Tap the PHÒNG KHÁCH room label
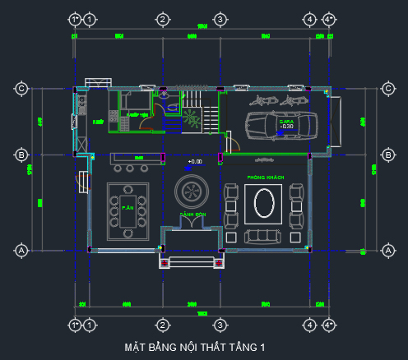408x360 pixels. [x=264, y=178]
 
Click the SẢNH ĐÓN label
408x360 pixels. [x=192, y=215]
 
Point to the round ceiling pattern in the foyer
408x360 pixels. [x=192, y=191]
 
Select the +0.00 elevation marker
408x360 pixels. [x=194, y=162]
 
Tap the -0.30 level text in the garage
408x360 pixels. [x=286, y=127]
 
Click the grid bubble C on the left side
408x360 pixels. [x=22, y=89]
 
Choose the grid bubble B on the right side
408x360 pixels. [x=388, y=154]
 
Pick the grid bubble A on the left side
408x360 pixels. [x=22, y=249]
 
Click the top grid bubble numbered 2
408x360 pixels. [x=163, y=19]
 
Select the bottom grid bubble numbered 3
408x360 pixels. [x=220, y=325]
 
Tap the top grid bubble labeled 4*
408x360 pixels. [x=328, y=19]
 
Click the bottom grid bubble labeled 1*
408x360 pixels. [x=75, y=325]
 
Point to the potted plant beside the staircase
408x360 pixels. [x=192, y=118]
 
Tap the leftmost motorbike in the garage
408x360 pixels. [x=257, y=100]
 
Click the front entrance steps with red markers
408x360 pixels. [x=192, y=262]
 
